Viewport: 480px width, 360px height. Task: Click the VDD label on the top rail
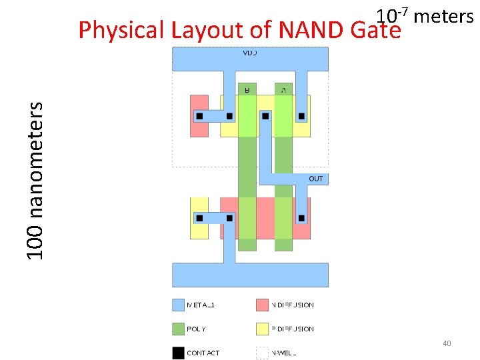(250, 52)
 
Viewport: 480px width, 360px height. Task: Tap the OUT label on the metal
(316, 179)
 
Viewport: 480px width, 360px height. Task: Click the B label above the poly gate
(247, 89)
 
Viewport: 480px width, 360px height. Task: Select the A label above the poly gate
(283, 89)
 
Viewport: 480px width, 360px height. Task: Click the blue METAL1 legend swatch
(178, 305)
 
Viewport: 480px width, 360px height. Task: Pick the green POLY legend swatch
(178, 329)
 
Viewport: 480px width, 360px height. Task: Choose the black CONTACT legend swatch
(178, 353)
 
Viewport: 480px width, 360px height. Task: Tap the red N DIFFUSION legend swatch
(262, 305)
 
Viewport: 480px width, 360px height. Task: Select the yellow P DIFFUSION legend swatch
(262, 329)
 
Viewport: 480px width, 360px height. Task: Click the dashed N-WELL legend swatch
(262, 353)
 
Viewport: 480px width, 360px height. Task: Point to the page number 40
(447, 343)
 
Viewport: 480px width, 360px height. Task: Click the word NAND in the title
(309, 30)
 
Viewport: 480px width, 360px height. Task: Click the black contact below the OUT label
(302, 218)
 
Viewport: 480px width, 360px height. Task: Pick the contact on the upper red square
(199, 116)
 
